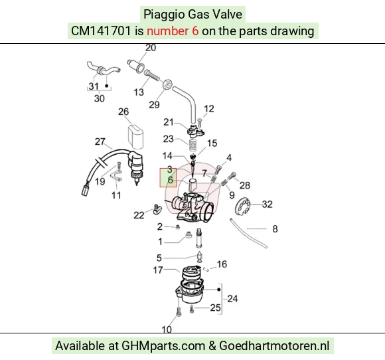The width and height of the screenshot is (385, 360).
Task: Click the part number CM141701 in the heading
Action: [101, 31]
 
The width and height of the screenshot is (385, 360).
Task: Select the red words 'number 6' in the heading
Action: [173, 31]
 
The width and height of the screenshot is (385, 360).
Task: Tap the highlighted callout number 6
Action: [170, 181]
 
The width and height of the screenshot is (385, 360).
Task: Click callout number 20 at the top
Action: [151, 48]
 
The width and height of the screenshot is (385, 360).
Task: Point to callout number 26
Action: [123, 112]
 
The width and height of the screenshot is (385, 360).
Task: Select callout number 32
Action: [267, 204]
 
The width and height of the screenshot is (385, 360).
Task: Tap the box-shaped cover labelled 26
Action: [135, 136]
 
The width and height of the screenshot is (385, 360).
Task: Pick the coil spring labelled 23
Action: [193, 145]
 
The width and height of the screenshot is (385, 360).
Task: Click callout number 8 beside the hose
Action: [275, 229]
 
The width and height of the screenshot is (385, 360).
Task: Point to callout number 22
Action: [139, 215]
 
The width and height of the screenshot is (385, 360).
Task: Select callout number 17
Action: [158, 270]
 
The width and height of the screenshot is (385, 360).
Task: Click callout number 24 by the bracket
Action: [232, 299]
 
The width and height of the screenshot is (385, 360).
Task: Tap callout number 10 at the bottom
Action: [167, 329]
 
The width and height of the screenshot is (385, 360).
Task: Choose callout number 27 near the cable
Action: [100, 141]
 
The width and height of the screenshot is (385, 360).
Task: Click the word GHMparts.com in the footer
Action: [163, 346]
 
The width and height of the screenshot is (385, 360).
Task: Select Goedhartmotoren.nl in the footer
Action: [274, 346]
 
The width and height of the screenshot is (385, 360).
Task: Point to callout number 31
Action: [94, 86]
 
